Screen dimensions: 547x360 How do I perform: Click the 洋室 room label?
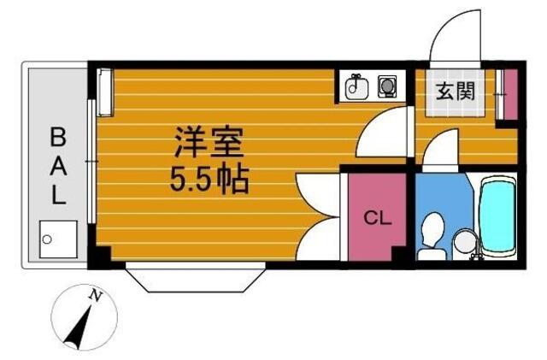(209, 142)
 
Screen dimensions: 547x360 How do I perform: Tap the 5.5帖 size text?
(209, 180)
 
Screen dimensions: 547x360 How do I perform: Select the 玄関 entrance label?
(456, 91)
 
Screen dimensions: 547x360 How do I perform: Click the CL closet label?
(378, 218)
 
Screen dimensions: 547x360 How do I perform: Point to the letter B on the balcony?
(58, 137)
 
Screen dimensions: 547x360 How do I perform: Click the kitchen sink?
(356, 87)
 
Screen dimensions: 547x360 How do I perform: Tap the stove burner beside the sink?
(387, 86)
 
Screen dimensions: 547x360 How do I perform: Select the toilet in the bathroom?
(432, 237)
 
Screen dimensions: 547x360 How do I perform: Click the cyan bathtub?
(497, 215)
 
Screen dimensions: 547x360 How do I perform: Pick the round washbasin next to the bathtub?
(465, 241)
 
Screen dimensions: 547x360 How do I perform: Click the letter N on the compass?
(95, 295)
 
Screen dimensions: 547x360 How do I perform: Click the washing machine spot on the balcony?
(58, 239)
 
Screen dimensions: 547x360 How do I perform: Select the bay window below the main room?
(196, 277)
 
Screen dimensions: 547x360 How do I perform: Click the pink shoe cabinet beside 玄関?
(511, 94)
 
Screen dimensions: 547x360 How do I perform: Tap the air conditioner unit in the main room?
(104, 92)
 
